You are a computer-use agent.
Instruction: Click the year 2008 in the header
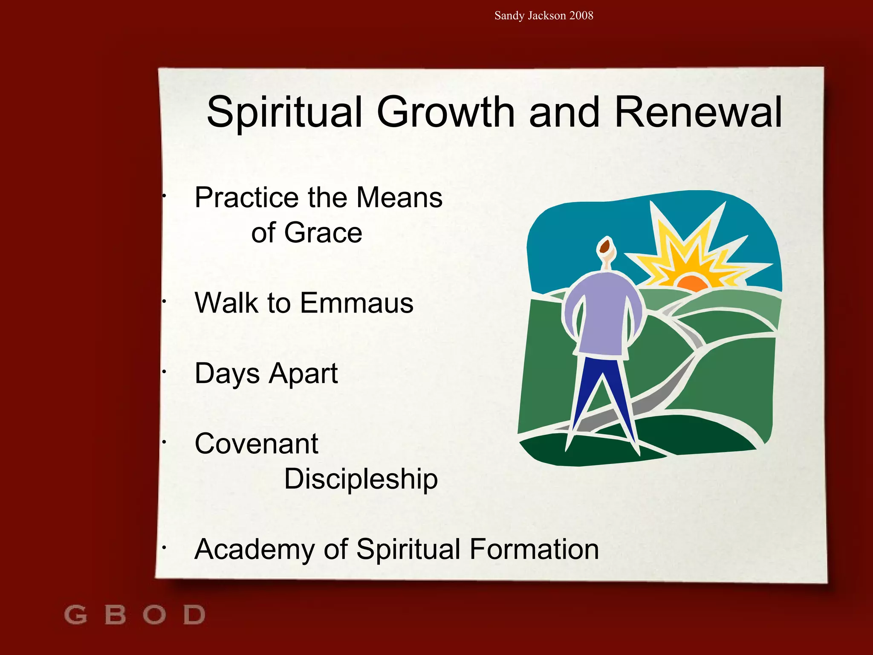tap(581, 16)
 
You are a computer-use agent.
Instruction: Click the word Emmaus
tap(356, 303)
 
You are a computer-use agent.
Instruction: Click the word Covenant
tap(256, 444)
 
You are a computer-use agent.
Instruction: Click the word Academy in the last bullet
tap(255, 550)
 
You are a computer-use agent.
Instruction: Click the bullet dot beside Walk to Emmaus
tap(164, 302)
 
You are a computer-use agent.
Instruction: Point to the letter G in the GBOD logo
tap(75, 615)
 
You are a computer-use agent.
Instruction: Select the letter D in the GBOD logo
tap(194, 615)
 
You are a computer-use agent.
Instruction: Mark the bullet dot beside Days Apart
tap(164, 372)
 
